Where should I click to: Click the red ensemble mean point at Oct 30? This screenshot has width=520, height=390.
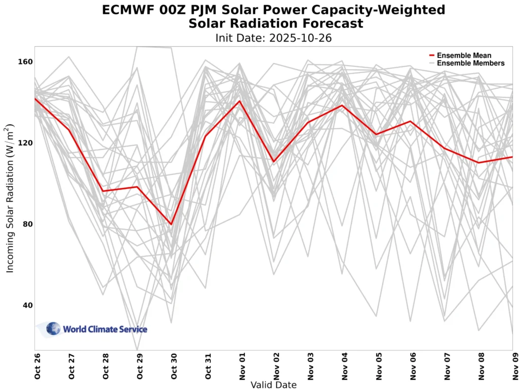(171, 224)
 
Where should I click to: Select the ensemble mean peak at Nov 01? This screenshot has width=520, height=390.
(240, 101)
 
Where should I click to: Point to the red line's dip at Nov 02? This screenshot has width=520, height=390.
(274, 161)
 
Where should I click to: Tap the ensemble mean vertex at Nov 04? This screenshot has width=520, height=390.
(342, 106)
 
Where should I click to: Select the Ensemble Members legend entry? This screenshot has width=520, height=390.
(470, 63)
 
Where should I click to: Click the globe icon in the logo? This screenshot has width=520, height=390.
(53, 329)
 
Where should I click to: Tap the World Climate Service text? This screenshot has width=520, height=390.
(105, 330)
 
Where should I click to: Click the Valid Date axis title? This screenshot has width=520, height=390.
(274, 385)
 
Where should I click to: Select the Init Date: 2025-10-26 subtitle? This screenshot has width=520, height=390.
(273, 38)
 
